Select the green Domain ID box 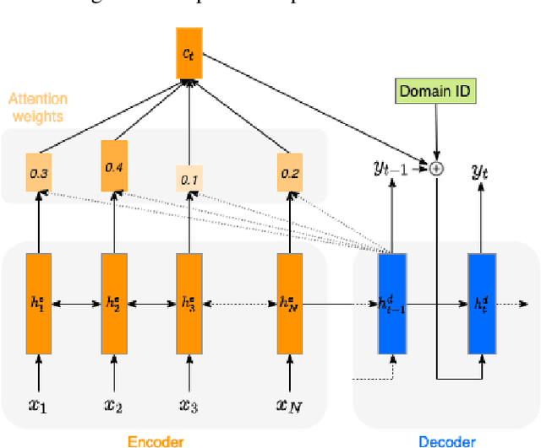click(434, 91)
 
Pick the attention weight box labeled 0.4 click(114, 167)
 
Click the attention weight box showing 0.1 click(189, 180)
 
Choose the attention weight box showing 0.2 click(290, 173)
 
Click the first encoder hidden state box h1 click(38, 303)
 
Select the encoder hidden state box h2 click(114, 303)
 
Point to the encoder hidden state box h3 click(189, 303)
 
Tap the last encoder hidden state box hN click(290, 303)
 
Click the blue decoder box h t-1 click(391, 303)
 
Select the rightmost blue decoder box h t click(481, 303)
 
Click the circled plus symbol click(436, 168)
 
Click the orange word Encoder click(156, 440)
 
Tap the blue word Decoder click(446, 440)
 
